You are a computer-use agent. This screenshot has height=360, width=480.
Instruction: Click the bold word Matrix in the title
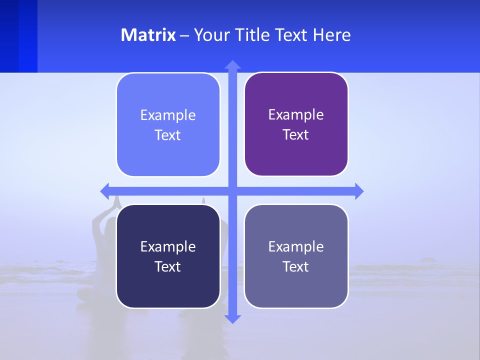[x=148, y=35]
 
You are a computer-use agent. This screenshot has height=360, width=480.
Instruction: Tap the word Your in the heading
[x=211, y=35]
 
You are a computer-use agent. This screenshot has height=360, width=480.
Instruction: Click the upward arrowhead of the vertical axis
[x=232, y=65]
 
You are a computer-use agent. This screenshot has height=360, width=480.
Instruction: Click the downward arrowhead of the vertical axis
[x=232, y=318]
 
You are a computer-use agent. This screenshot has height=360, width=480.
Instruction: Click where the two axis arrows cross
[x=232, y=191]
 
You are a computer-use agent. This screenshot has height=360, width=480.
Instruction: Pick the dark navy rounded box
[x=168, y=285]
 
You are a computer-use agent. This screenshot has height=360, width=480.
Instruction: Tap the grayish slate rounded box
[x=296, y=285]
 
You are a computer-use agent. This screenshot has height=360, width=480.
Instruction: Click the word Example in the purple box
[x=296, y=115]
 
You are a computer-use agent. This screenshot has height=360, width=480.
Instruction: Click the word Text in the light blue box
[x=167, y=135]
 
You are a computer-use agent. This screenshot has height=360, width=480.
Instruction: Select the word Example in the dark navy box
[x=168, y=246]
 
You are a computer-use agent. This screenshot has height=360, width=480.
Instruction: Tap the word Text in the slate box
[x=295, y=266]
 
